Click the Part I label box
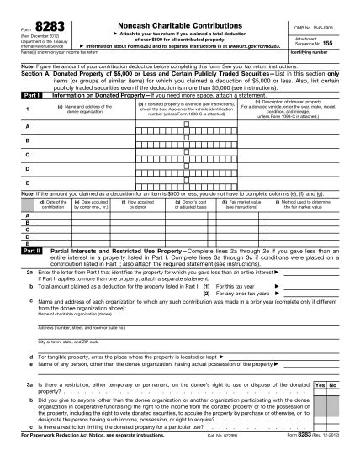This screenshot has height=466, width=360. [29, 97]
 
